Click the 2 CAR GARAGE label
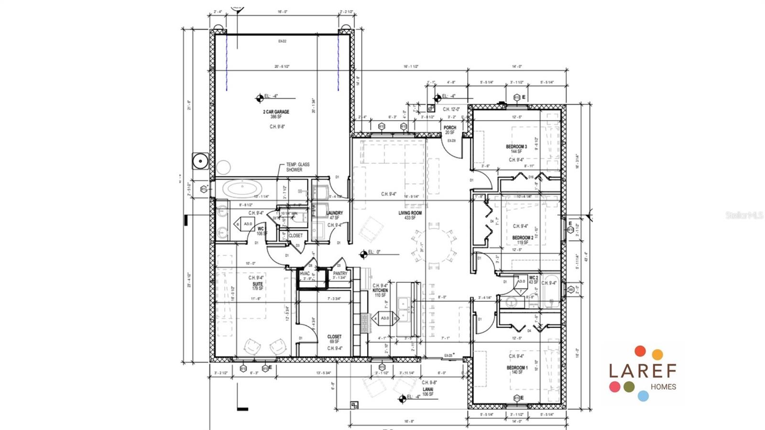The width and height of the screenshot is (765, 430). pos(276,112)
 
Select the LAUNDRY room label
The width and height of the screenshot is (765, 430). pos(334,213)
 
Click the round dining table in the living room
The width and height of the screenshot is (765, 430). pos(434,246)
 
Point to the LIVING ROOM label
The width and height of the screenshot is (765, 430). pos(410,213)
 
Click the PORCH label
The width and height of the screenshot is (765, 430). pos(449,128)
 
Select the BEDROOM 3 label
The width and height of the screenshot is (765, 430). pos(516,146)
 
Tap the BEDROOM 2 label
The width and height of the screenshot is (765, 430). pos(522,238)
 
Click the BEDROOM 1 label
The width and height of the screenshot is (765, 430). pos(517,368)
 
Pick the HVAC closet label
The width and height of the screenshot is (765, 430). pos(305,274)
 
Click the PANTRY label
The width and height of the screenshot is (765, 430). pos(340,274)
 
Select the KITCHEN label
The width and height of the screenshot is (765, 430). pos(381,290)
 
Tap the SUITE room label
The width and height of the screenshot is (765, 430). pos(257,284)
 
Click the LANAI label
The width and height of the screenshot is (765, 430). pos(427,389)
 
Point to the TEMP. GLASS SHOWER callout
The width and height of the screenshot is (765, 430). pos(297,167)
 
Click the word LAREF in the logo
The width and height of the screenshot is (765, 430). pos(642,370)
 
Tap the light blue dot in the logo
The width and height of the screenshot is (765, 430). pos(643,396)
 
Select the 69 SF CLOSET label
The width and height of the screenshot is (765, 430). pos(334,337)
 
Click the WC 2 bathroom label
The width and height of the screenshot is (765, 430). pos(533,277)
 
